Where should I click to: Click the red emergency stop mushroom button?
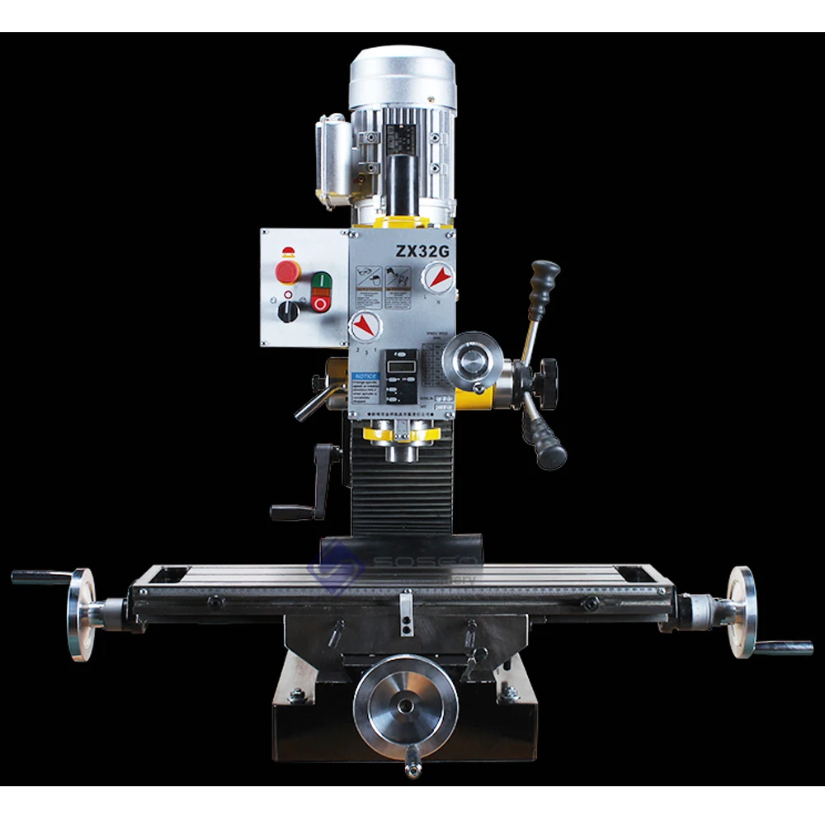click(287, 270)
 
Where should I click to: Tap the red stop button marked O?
click(321, 304)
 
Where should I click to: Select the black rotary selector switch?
click(288, 311)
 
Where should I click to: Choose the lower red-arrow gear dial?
click(365, 327)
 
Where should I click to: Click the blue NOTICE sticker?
click(365, 375)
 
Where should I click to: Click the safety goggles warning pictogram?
click(367, 276)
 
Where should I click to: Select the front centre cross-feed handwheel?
click(405, 705)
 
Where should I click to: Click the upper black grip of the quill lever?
click(544, 280)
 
